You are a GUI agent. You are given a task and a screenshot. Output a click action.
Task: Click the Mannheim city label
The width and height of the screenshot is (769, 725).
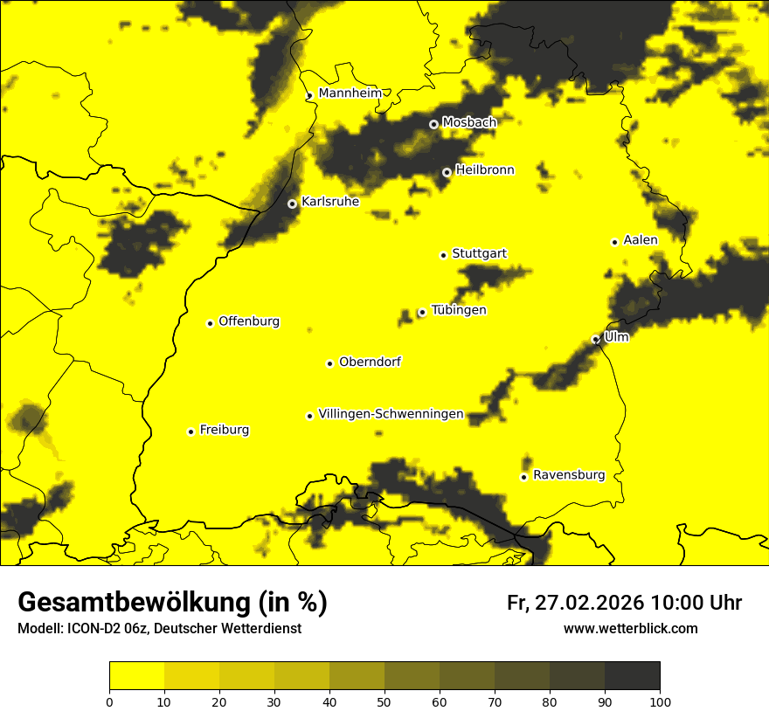coord(350,93)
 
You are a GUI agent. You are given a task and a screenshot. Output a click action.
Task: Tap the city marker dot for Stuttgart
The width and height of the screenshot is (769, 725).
coord(443,255)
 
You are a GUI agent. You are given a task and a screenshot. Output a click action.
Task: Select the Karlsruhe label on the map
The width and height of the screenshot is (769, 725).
coord(330,202)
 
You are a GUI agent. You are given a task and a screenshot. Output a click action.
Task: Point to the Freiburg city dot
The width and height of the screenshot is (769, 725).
coord(191,432)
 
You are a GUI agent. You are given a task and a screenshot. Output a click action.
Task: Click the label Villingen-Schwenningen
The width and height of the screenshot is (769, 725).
coord(391,414)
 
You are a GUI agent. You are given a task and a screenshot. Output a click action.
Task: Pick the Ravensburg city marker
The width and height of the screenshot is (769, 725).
coord(523,477)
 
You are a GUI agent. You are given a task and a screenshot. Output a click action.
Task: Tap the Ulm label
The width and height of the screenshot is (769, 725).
coord(616,336)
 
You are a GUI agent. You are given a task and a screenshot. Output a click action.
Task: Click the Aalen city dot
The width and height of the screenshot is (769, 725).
coord(614,242)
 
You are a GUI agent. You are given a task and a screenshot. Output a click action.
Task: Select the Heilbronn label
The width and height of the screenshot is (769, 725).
coord(485,170)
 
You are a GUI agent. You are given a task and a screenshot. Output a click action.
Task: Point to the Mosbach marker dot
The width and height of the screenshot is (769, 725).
coord(433,124)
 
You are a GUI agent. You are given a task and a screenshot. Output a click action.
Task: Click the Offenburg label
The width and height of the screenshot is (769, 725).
coord(249,321)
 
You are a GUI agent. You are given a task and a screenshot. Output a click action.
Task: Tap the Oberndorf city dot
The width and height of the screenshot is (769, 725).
coord(329,363)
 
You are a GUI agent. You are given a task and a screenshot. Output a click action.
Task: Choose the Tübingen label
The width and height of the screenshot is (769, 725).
coord(459,310)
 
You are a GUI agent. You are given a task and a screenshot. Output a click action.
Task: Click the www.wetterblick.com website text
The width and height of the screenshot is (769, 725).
coord(630,628)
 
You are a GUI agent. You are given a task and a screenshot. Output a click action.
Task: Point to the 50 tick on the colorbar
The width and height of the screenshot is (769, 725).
coord(384,701)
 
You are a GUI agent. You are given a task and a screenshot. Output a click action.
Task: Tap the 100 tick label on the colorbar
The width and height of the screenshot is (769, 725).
coord(660,701)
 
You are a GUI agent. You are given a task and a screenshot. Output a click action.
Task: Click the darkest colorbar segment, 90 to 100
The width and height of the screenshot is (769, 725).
coord(632,675)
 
